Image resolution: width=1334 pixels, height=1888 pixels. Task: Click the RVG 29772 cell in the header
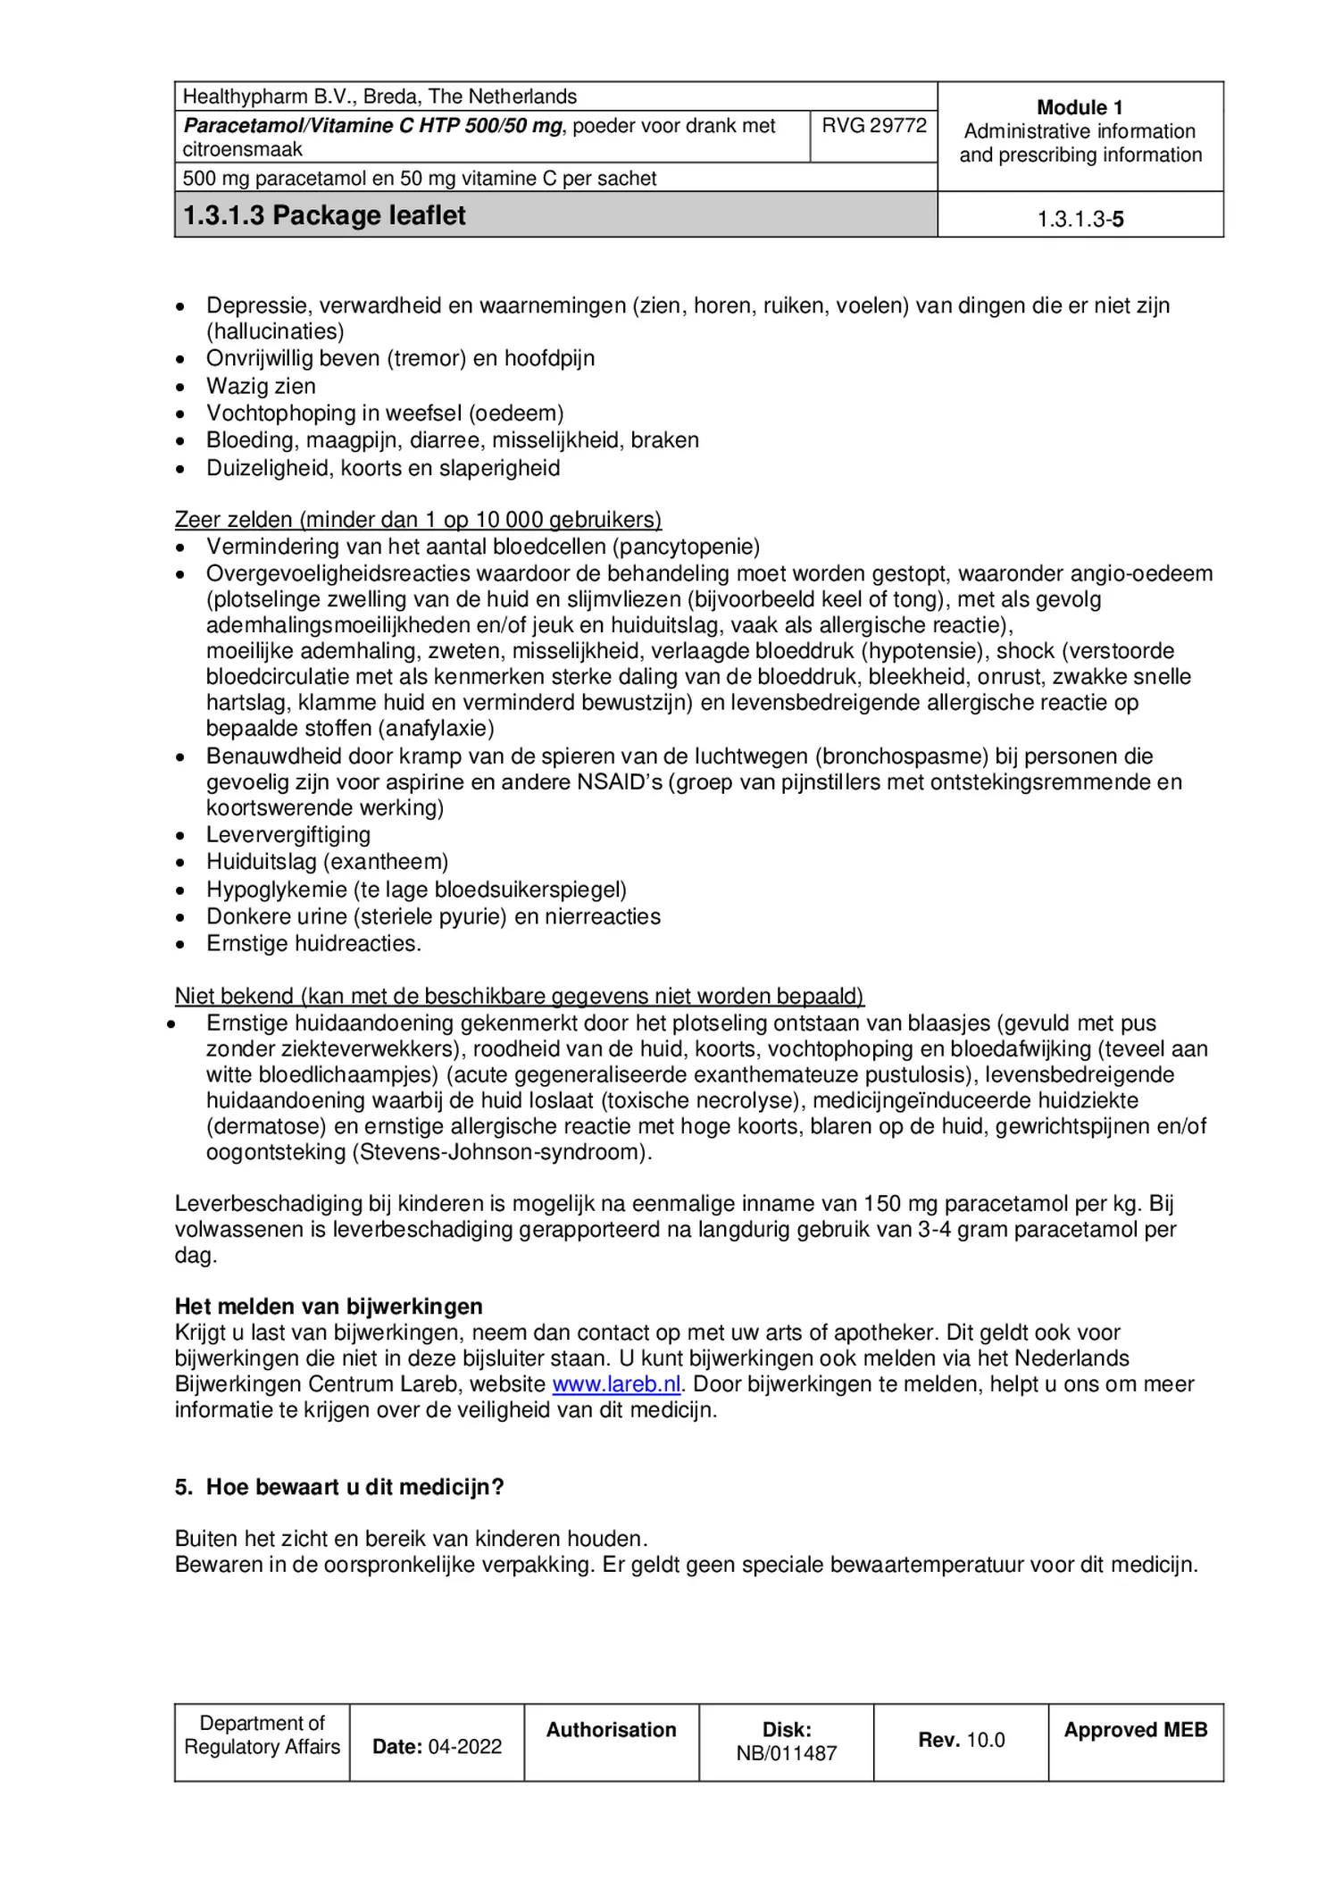coord(873,126)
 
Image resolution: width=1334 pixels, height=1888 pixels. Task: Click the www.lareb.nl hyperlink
coord(616,1384)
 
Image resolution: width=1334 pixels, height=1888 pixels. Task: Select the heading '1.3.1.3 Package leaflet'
coord(324,216)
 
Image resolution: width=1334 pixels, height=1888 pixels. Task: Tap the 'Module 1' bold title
coord(1080,108)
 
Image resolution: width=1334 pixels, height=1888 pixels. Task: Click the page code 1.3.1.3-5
coord(1080,220)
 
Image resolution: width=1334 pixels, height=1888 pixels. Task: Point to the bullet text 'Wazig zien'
coord(261,386)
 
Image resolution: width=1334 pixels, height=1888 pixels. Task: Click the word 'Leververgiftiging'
coord(288,835)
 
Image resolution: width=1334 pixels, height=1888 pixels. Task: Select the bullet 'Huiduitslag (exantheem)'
coord(327,862)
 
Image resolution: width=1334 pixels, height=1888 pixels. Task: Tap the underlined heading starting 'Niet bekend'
coord(519,996)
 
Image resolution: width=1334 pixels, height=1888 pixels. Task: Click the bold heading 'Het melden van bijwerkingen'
coord(329,1307)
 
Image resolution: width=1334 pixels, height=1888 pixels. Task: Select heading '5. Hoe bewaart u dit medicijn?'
coord(339,1487)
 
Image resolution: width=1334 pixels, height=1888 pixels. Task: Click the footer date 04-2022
coord(464,1747)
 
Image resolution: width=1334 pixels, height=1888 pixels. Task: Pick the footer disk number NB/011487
coord(786,1753)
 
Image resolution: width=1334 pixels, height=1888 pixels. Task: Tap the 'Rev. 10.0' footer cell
coord(961,1740)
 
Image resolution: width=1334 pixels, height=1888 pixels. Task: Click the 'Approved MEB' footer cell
coord(1135,1730)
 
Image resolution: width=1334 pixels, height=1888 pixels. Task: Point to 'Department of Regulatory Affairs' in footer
coord(262,1735)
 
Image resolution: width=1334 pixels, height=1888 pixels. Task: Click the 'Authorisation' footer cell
coord(611,1730)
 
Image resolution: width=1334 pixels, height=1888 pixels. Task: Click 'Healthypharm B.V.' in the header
coord(244,96)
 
